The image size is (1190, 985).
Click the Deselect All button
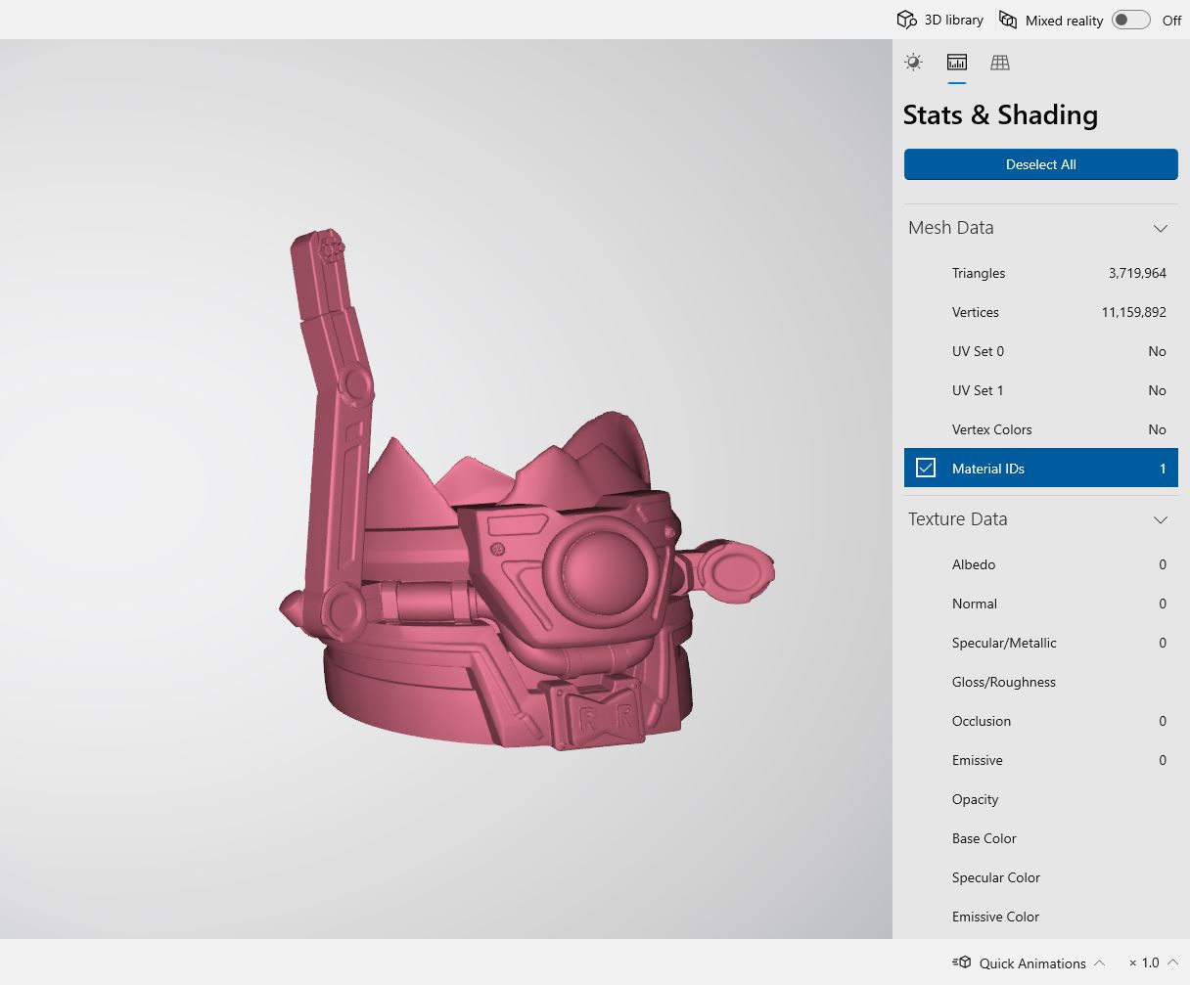click(x=1040, y=164)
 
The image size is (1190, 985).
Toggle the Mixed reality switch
click(x=1130, y=20)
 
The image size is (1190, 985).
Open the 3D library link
click(x=940, y=20)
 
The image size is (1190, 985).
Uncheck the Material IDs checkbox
click(x=926, y=468)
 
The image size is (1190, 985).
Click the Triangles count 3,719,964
click(x=1136, y=273)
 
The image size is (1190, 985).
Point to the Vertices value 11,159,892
click(x=1133, y=312)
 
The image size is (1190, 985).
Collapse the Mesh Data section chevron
click(x=1160, y=228)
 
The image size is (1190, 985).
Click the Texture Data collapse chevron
click(x=1160, y=519)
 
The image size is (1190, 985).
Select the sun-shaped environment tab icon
click(x=913, y=63)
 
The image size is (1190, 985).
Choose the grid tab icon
click(x=999, y=63)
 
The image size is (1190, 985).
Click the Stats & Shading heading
click(x=1000, y=115)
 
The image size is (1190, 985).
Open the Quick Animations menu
click(x=1031, y=963)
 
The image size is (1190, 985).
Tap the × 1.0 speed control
click(x=1144, y=963)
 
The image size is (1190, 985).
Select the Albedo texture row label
click(x=974, y=564)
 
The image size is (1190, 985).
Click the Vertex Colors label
click(x=991, y=429)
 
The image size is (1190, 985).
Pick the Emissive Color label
click(x=995, y=917)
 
